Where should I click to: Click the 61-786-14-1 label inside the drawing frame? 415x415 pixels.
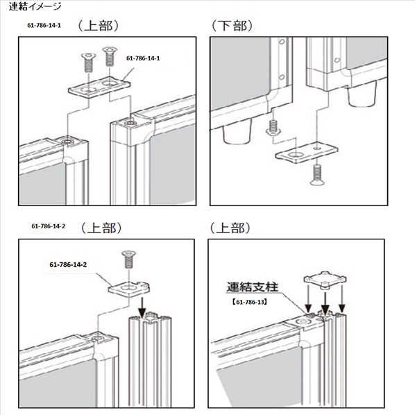point(144,59)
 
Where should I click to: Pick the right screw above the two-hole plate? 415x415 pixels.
point(108,56)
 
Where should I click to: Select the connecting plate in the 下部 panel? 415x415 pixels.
point(304,151)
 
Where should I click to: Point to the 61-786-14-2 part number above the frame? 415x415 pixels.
point(47,227)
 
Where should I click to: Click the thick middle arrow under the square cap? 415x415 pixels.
point(324,304)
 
